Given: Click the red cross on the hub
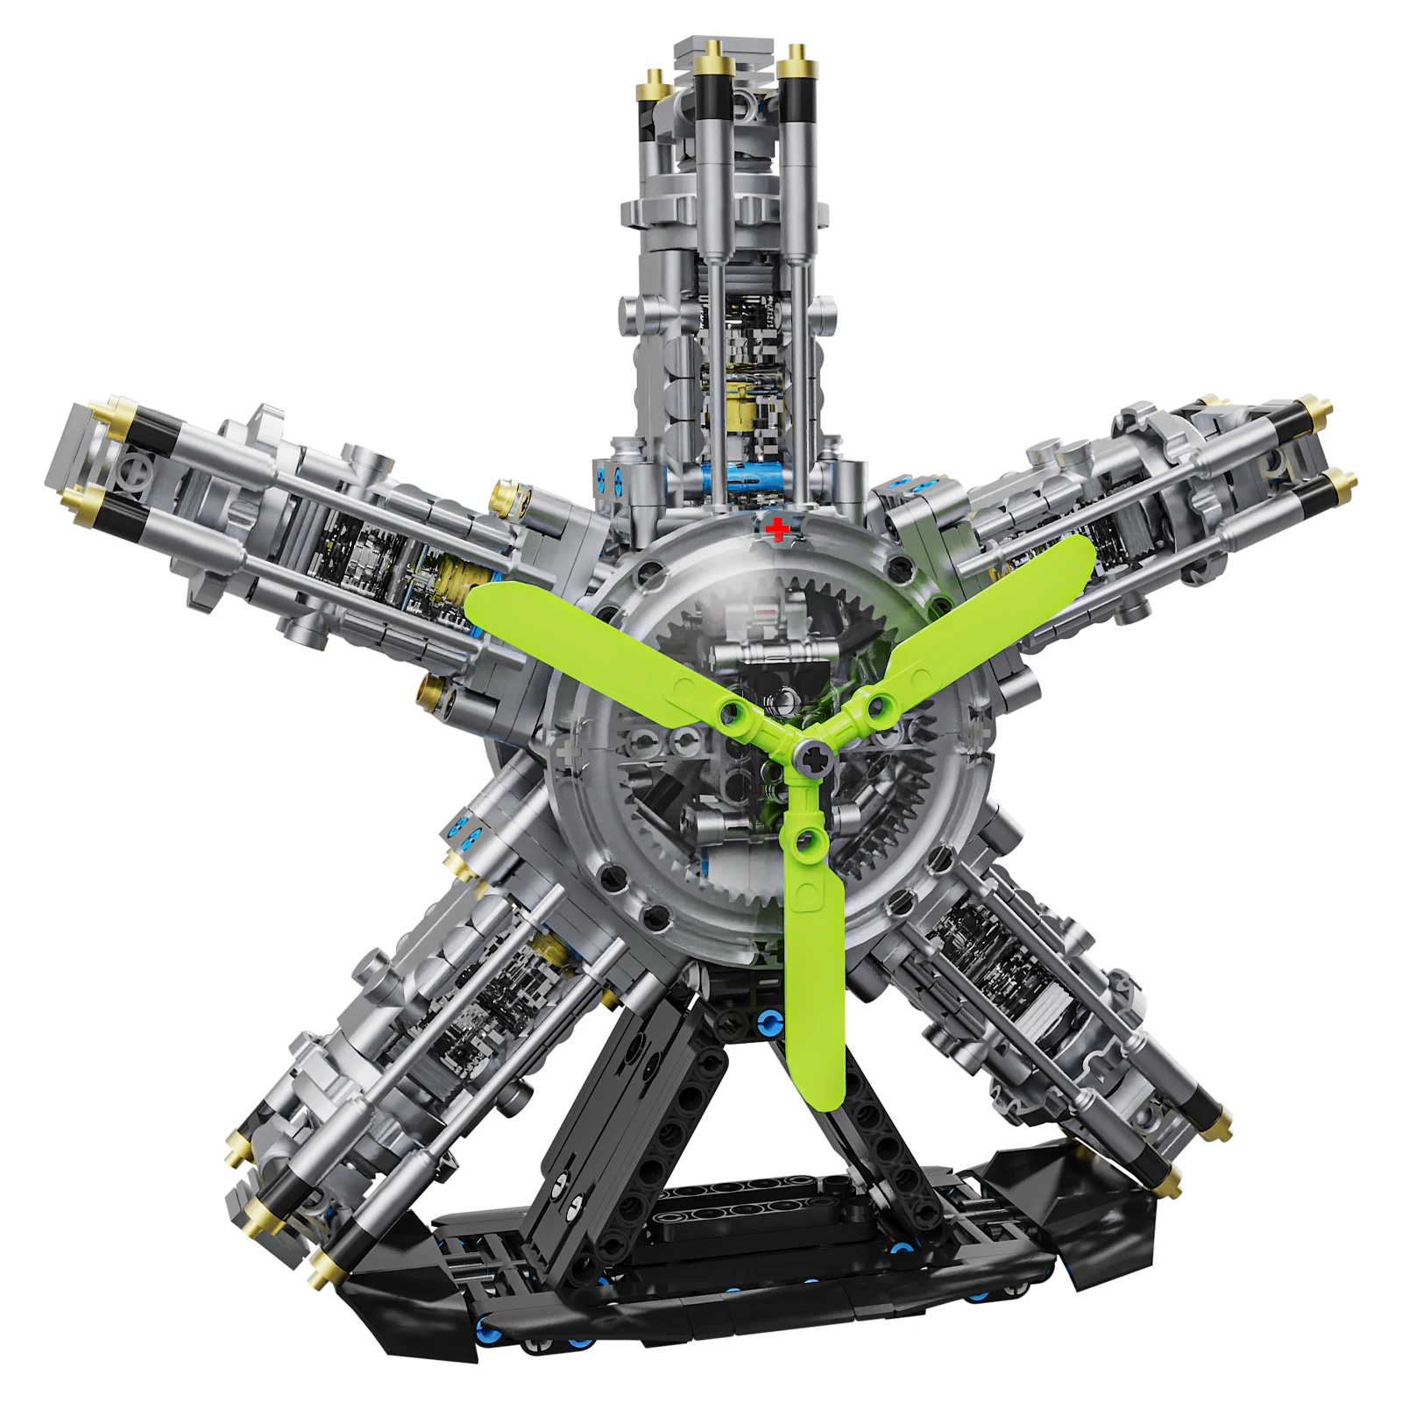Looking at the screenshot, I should coord(776,528).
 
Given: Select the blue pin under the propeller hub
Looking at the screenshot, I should coord(770,1020).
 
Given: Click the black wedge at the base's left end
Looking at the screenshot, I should coord(394,1306).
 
